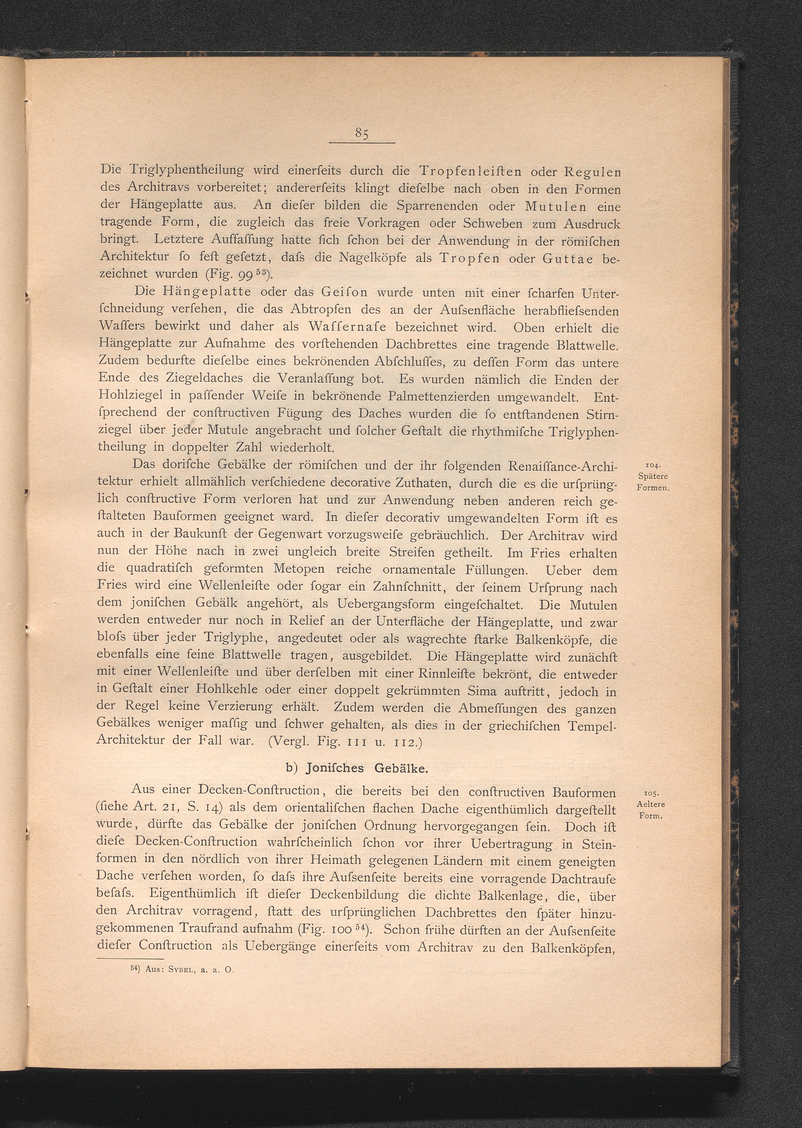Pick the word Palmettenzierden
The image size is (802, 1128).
coord(440,397)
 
